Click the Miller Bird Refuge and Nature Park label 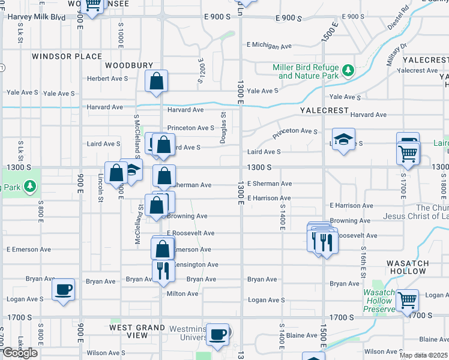[x=306, y=72]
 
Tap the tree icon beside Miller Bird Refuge [x=348, y=72]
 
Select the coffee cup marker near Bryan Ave [x=64, y=290]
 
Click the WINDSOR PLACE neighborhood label [x=67, y=56]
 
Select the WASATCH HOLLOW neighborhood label [x=408, y=267]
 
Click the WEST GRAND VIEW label [x=137, y=331]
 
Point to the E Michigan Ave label [x=269, y=45]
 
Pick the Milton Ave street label [x=182, y=293]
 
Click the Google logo [x=20, y=353]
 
